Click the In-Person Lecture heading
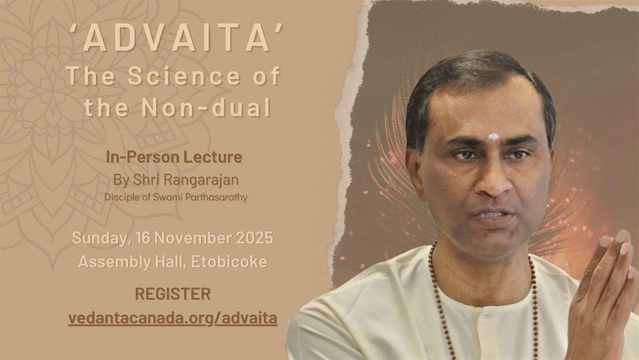(174, 157)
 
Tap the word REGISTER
(173, 293)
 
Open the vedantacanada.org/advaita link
(173, 319)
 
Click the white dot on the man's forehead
(494, 136)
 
